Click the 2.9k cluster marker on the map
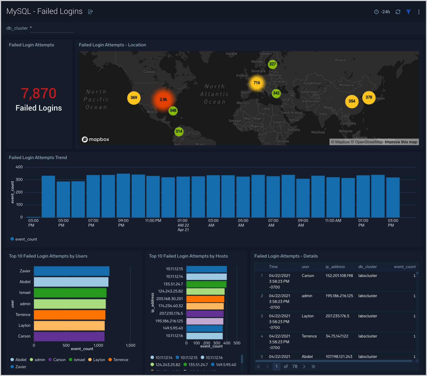[x=163, y=100]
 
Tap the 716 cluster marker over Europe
[x=257, y=83]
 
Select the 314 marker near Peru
[x=179, y=131]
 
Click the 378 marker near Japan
[x=369, y=97]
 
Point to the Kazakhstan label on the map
[x=312, y=83]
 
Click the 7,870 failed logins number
[x=39, y=94]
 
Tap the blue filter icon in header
[x=408, y=12]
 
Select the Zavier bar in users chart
[x=71, y=271]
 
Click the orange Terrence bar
[x=70, y=315]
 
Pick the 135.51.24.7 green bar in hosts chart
[x=206, y=284]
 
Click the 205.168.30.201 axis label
[x=169, y=299]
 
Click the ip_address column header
[x=335, y=267]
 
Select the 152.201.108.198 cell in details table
[x=339, y=276]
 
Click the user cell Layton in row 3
[x=307, y=316]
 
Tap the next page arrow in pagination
[x=304, y=367]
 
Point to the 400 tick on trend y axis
[x=19, y=167]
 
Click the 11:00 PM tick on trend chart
[x=153, y=221]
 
